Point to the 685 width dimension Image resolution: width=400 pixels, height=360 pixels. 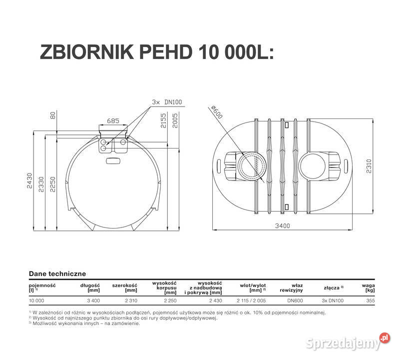pyautogui.click(x=113, y=120)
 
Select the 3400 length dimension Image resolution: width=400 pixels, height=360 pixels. pyautogui.click(x=282, y=226)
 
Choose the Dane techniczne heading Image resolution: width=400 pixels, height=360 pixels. pyautogui.click(x=57, y=273)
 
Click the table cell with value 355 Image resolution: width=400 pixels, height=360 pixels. pyautogui.click(x=370, y=301)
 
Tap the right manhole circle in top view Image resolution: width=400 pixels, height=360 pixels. pyautogui.click(x=313, y=164)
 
